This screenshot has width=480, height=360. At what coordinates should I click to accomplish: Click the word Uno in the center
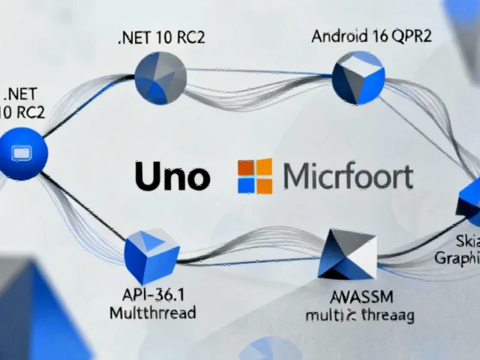click(x=172, y=176)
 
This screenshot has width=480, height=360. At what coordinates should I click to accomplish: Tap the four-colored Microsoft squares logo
click(x=254, y=176)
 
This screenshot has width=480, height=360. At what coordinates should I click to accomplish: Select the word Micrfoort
click(x=347, y=176)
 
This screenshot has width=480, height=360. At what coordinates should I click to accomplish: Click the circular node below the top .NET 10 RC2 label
click(x=160, y=79)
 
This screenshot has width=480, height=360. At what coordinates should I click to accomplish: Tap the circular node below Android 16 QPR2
click(x=358, y=77)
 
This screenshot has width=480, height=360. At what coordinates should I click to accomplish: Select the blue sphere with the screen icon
click(x=22, y=154)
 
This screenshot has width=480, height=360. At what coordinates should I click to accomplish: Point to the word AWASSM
click(x=359, y=296)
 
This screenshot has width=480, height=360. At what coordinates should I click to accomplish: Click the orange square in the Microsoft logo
click(x=246, y=167)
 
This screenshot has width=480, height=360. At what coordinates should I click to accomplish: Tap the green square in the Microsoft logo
click(x=263, y=167)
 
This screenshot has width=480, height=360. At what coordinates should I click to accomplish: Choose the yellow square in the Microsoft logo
click(x=263, y=185)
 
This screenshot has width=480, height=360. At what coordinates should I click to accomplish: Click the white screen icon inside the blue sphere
click(x=22, y=154)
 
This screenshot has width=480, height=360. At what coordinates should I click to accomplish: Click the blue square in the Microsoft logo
click(x=246, y=185)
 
